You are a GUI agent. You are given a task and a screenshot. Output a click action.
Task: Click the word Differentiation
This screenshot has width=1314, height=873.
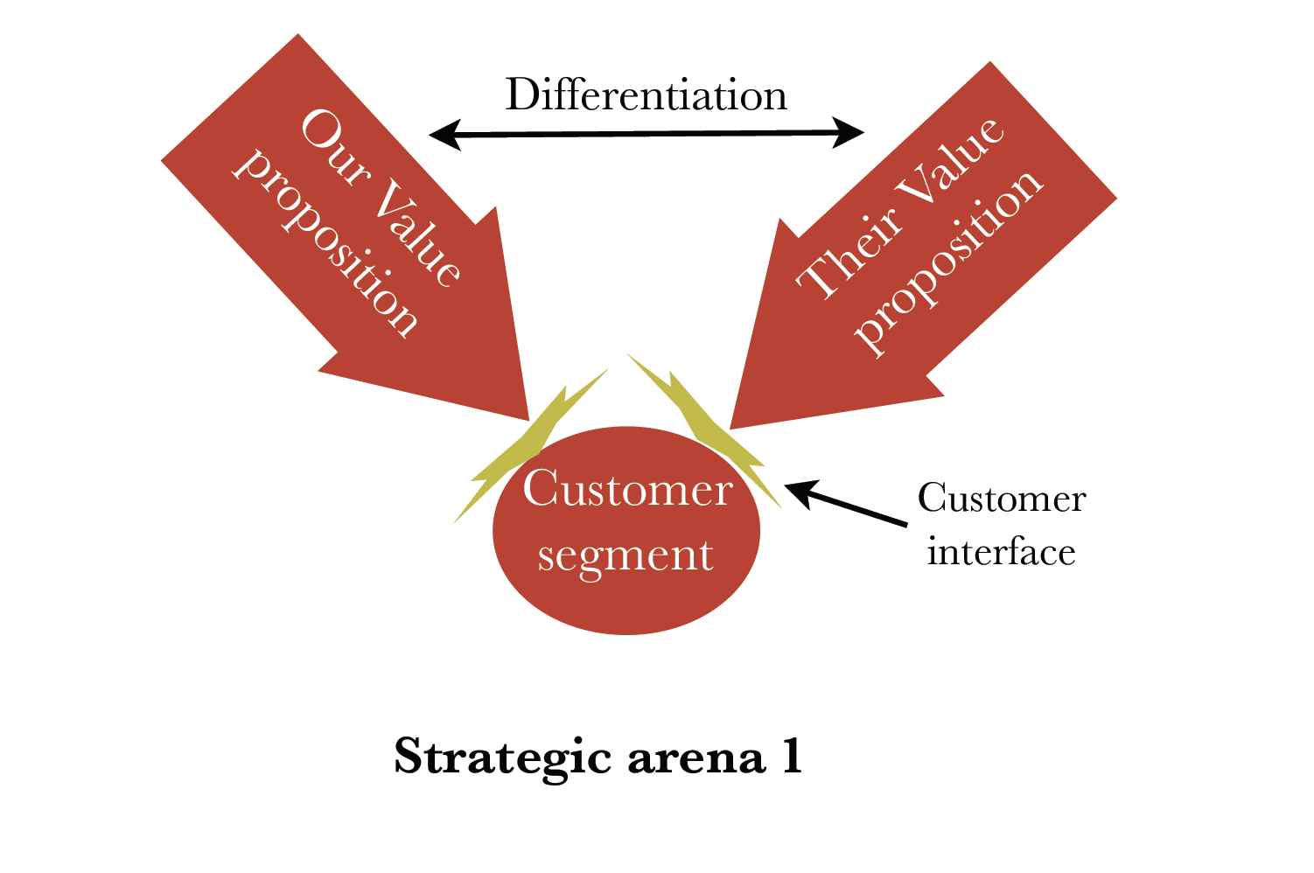(646, 95)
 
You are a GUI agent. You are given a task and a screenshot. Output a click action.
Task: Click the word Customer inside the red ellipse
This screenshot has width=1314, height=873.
(627, 488)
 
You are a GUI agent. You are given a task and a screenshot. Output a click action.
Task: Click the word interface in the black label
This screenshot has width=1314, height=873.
(1001, 552)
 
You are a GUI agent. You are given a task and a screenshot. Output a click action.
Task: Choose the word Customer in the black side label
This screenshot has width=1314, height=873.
(1002, 499)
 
